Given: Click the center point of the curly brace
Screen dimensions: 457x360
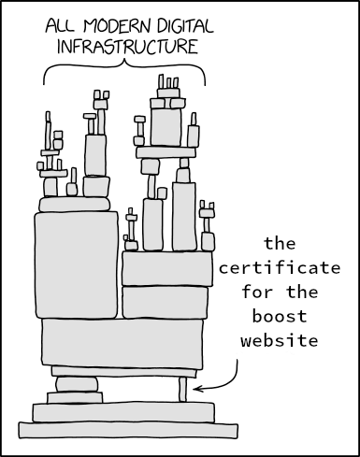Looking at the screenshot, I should [123, 64].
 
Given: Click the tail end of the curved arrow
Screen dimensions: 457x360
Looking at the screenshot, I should [236, 355].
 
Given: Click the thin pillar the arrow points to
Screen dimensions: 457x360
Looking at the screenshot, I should [183, 389].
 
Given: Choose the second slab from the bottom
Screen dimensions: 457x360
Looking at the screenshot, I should [122, 411].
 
